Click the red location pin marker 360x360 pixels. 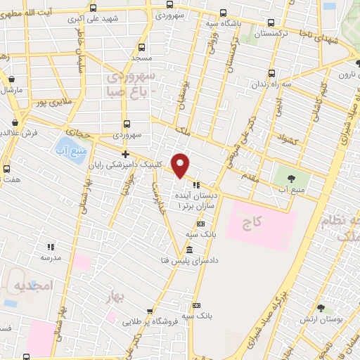coord(181,165)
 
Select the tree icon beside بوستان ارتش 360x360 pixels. coord(321,307)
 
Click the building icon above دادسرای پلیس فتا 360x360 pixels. coord(190,250)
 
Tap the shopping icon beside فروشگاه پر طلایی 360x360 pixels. coord(148,308)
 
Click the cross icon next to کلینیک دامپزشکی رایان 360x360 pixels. coord(125,154)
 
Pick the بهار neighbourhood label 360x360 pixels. coord(117,298)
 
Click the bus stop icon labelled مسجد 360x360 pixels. coord(144,45)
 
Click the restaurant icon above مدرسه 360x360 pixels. coord(51,247)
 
